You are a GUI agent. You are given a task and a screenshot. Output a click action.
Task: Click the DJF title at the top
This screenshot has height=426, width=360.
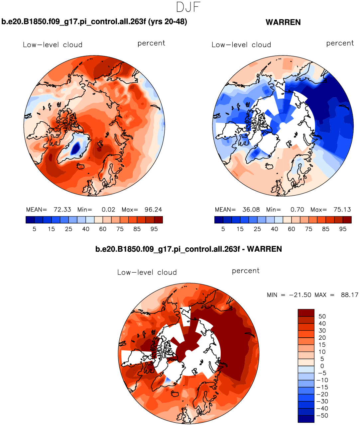(188, 7)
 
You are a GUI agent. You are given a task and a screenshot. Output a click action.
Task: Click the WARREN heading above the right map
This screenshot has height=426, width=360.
(283, 22)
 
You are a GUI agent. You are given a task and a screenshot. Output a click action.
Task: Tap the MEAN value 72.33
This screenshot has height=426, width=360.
(62, 210)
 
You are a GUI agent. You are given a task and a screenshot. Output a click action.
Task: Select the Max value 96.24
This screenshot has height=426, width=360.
(153, 210)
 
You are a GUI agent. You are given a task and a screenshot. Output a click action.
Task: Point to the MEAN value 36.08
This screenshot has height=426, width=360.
(251, 210)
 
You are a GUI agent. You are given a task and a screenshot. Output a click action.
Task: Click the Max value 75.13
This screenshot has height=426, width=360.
(342, 210)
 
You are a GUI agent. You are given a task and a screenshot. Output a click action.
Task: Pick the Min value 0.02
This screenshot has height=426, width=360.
(108, 210)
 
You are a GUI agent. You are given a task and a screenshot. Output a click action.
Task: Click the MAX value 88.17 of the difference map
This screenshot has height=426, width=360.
(349, 295)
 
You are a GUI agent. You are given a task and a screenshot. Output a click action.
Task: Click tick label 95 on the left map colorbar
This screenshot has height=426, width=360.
(154, 229)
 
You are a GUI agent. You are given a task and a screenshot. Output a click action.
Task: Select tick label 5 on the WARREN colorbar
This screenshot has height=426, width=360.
(223, 229)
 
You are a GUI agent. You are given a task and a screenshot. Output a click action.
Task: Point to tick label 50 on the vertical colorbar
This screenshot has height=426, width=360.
(322, 316)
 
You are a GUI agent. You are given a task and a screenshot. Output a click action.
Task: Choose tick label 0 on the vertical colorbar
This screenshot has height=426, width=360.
(322, 366)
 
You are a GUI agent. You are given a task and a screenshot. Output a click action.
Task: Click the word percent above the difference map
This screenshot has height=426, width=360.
(246, 271)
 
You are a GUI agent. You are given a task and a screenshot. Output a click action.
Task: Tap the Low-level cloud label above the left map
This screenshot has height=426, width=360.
(53, 45)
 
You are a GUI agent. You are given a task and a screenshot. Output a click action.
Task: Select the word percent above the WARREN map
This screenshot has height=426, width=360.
(340, 43)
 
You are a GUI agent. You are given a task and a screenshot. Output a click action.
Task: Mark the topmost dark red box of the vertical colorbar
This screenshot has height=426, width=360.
(306, 313)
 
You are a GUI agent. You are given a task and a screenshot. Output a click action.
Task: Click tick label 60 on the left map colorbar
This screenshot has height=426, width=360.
(103, 229)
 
